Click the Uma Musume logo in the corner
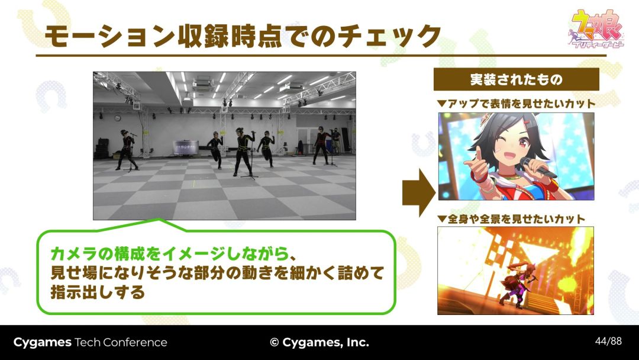coord(596,29)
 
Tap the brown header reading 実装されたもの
coord(517,79)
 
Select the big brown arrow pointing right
coord(418,192)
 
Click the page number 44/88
coord(608,341)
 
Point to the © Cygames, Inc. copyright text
coord(319,342)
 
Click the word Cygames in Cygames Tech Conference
coord(43,342)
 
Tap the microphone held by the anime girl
coord(539,167)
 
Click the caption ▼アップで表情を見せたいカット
coord(517,104)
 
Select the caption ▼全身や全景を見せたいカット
coord(511,219)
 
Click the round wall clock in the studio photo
coord(117,118)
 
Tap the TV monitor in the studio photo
coord(186,147)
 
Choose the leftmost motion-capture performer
coord(127,150)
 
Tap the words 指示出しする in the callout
coord(98,292)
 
